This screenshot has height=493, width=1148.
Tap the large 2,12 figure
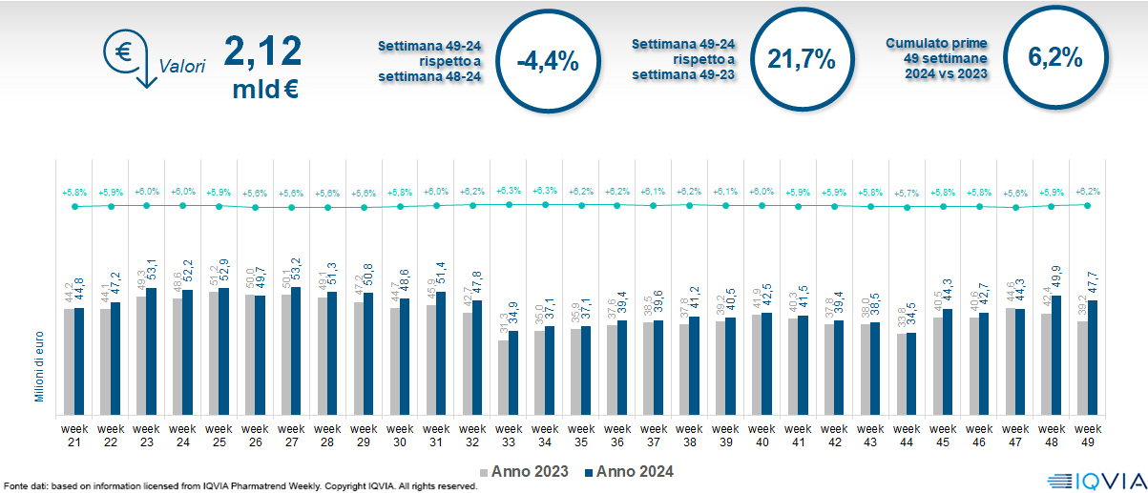(262, 51)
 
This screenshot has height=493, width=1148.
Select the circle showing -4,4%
(547, 61)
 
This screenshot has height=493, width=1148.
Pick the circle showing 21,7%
(801, 59)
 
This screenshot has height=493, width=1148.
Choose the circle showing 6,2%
(1054, 59)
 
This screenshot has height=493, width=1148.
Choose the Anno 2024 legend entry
(629, 471)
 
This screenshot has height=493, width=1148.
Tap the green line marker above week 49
(1088, 205)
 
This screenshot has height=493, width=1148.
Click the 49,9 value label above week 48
(1057, 280)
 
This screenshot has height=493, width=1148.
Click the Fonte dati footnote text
(239, 486)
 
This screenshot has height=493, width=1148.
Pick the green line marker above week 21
(74, 206)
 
